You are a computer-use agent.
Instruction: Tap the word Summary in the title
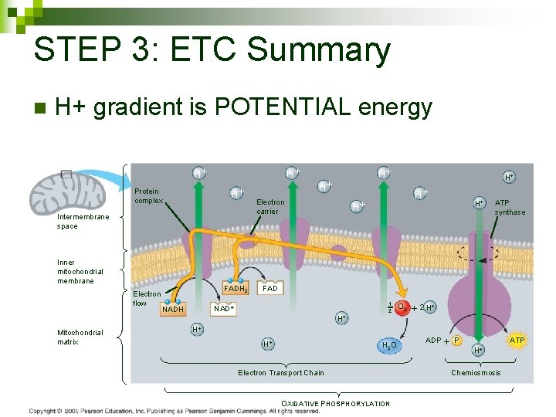[x=320, y=50]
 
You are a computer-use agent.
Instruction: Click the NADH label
[x=174, y=310]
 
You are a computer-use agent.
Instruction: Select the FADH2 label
[x=236, y=289]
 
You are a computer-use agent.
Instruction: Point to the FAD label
[x=270, y=288]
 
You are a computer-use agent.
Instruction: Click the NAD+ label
[x=224, y=307]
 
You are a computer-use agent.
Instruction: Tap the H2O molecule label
[x=389, y=344]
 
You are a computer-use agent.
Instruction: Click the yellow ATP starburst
[x=517, y=340]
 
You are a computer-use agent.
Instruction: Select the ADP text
[x=433, y=340]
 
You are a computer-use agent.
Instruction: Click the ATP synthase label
[x=509, y=208]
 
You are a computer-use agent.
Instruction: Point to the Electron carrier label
[x=270, y=207]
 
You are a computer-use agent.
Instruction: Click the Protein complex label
[x=147, y=195]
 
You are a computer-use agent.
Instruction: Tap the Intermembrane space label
[x=83, y=222]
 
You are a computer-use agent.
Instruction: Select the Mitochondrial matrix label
[x=80, y=337]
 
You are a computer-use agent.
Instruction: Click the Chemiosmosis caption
[x=476, y=373]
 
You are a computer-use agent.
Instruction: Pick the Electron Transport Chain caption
[x=280, y=373]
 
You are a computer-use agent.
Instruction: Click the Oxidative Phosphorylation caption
[x=335, y=403]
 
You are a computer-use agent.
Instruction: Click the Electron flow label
[x=147, y=298]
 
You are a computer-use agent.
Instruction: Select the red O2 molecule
[x=401, y=307]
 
